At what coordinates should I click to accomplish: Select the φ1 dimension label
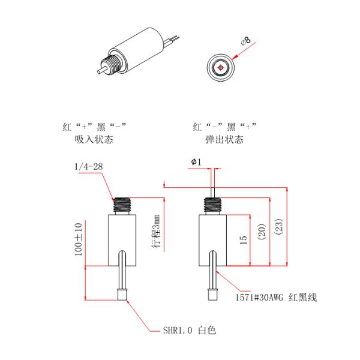pyautogui.click(x=196, y=162)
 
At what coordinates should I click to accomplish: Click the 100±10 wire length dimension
pyautogui.click(x=78, y=240)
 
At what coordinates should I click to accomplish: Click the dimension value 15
pyautogui.click(x=243, y=240)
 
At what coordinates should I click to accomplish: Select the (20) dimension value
pyautogui.click(x=261, y=232)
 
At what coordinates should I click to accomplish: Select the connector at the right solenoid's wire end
pyautogui.click(x=212, y=295)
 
